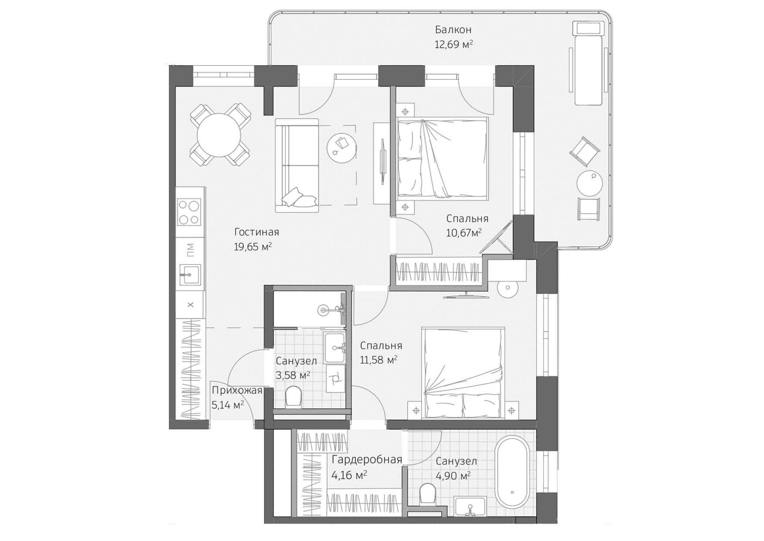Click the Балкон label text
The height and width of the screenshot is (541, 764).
453,30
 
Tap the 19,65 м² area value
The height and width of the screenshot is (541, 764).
253,247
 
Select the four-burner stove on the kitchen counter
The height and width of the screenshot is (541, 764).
189,212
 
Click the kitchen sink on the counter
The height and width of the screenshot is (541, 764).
190,275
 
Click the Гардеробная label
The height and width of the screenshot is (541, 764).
366,460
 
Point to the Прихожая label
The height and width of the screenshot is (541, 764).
237,391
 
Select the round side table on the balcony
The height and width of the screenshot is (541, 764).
590,183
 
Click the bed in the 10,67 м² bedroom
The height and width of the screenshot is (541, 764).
442,158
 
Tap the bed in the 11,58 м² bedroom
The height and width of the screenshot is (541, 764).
463,373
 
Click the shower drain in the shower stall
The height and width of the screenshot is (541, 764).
323,310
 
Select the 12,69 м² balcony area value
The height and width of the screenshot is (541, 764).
453,44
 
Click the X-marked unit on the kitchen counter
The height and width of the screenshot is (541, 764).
190,305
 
